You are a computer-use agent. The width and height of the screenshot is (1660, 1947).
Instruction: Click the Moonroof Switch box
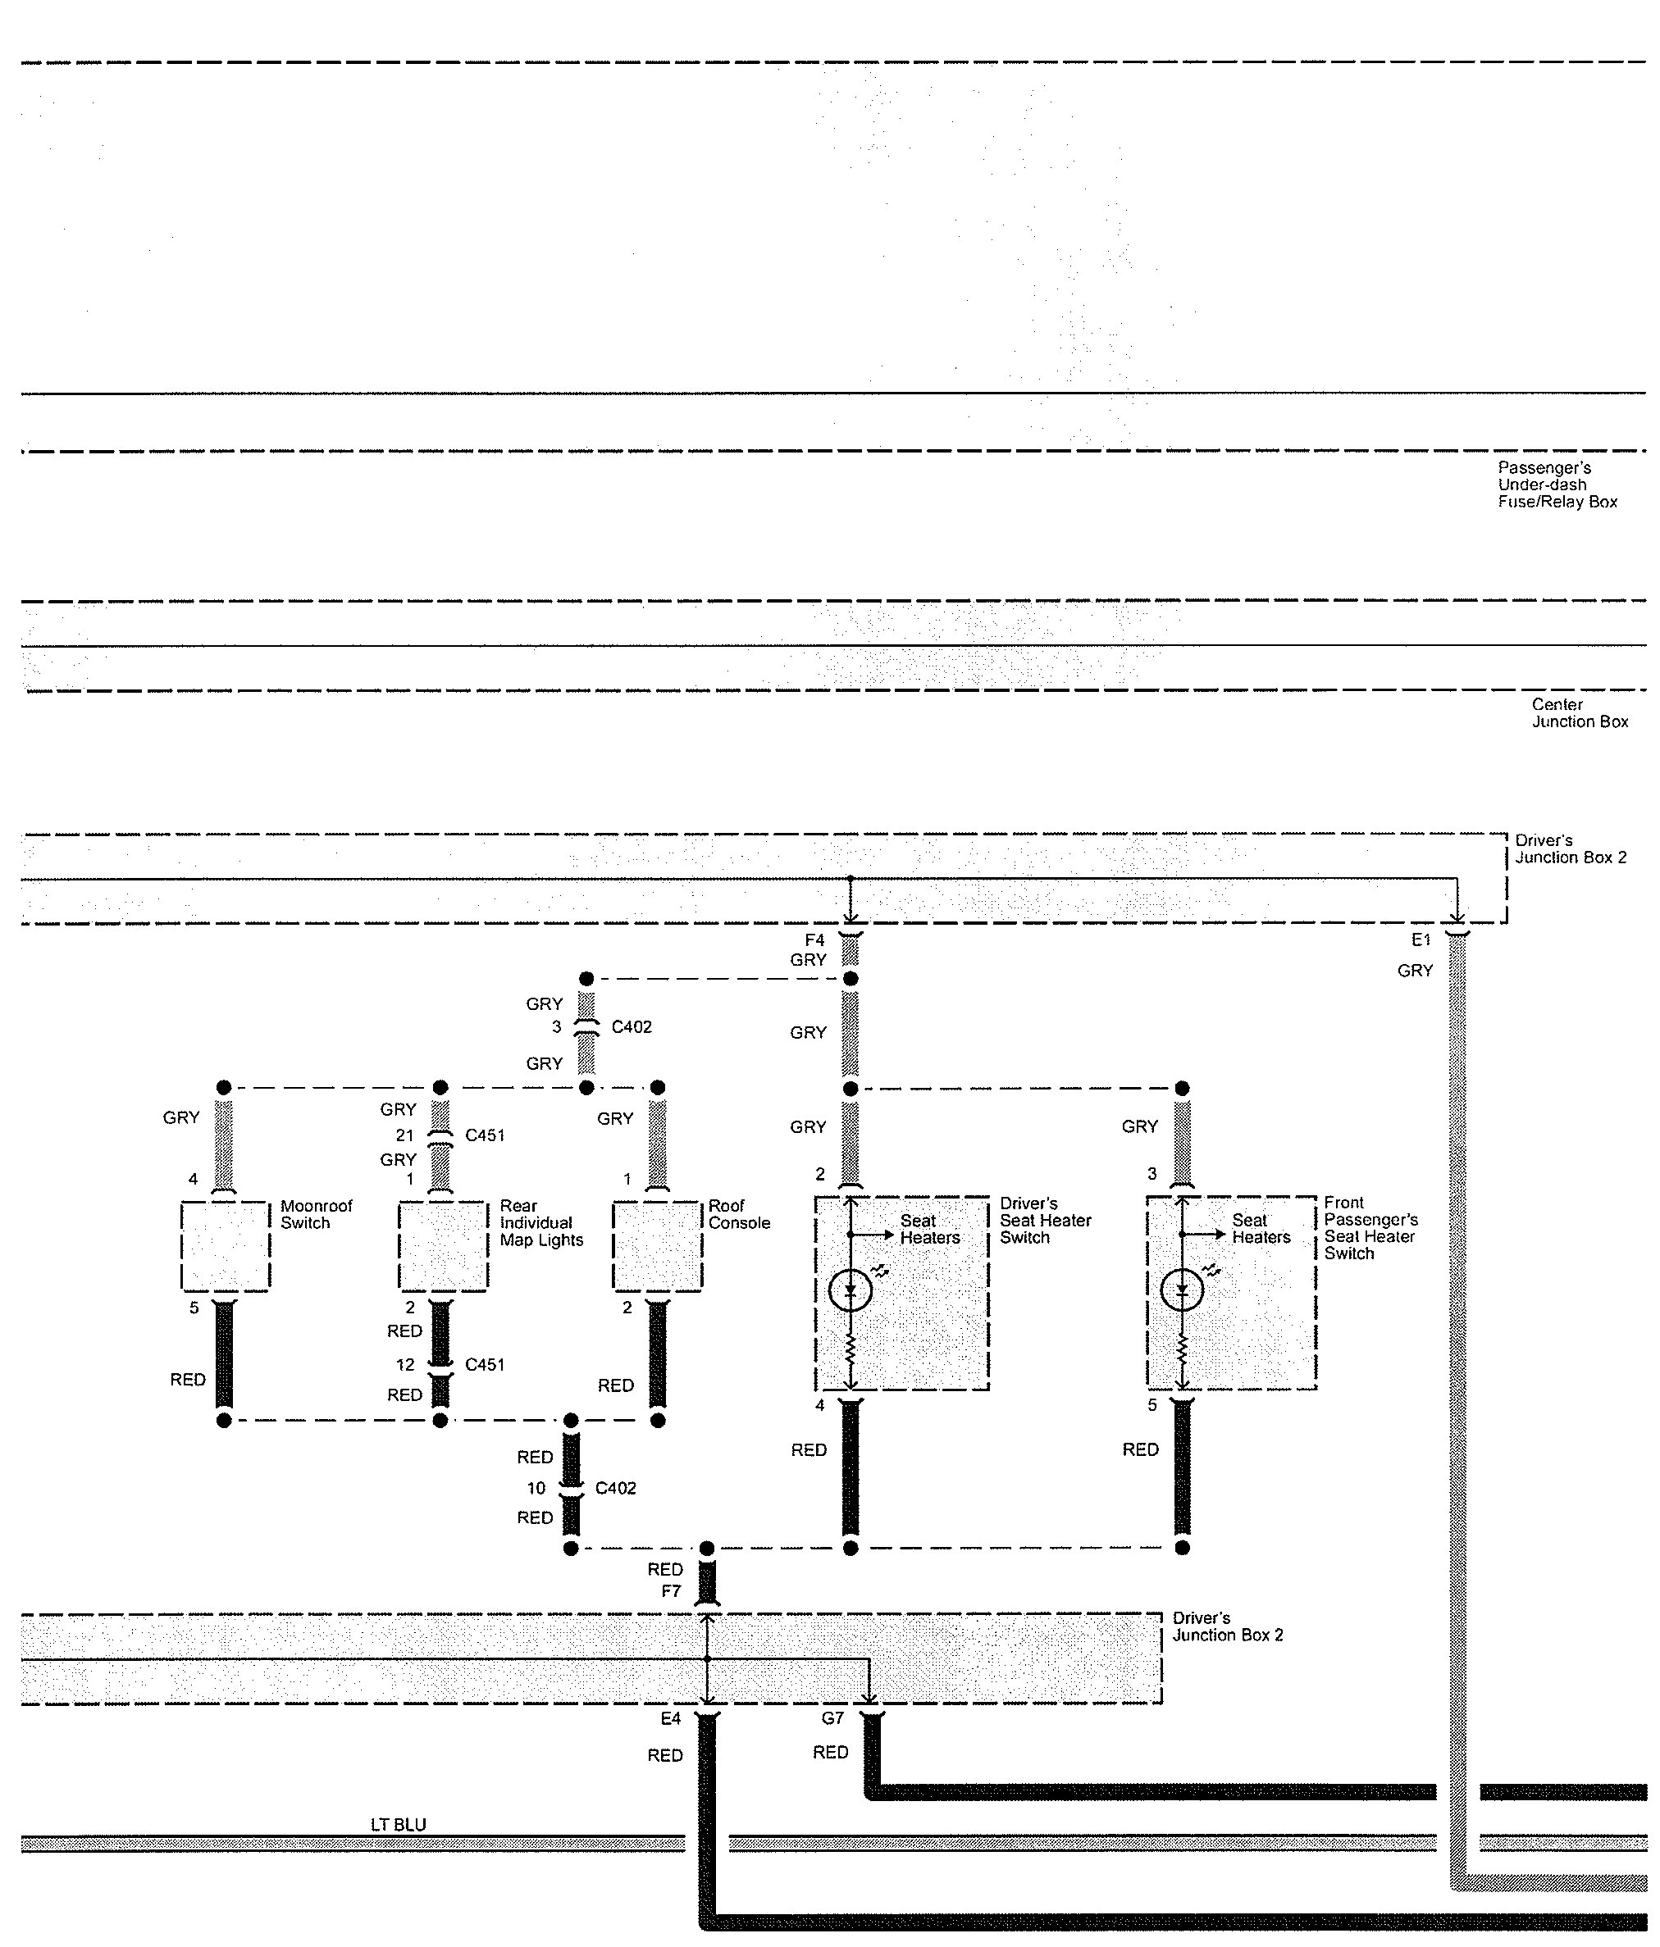tap(225, 1246)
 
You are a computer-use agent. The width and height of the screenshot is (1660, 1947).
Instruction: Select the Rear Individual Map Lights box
tap(443, 1246)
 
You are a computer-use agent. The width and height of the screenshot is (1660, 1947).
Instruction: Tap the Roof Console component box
tap(657, 1246)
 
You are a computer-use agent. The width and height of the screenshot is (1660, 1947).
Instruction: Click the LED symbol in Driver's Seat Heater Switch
tap(850, 1290)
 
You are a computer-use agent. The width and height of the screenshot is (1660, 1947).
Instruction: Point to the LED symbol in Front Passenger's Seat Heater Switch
tap(1182, 1290)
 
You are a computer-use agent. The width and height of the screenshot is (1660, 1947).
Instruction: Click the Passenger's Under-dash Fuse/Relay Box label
tap(1557, 484)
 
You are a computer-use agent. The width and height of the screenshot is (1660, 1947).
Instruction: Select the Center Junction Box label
tap(1579, 713)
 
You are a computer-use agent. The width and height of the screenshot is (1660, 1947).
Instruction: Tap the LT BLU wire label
tap(398, 1824)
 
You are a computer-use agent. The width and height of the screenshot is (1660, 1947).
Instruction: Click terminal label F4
tap(814, 940)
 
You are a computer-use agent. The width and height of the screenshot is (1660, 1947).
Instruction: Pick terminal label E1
tap(1421, 939)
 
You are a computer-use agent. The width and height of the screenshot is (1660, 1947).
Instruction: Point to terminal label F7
tap(671, 1591)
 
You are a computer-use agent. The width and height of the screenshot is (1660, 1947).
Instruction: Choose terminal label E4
tap(670, 1718)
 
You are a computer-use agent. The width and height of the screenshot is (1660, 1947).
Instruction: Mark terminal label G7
tap(832, 1717)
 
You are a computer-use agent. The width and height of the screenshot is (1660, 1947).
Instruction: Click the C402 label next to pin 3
tap(631, 1027)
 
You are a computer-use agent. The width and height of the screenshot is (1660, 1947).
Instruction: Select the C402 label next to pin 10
tap(616, 1487)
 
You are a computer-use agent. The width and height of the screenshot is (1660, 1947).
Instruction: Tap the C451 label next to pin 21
tap(485, 1135)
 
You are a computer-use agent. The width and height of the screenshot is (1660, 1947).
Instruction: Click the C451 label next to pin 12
tap(485, 1364)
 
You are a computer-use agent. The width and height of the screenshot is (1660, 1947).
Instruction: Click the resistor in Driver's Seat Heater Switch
tap(850, 1350)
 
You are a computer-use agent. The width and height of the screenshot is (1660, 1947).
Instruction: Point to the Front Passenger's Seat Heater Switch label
tap(1370, 1227)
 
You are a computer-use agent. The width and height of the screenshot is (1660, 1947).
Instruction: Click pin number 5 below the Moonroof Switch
tap(194, 1307)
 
